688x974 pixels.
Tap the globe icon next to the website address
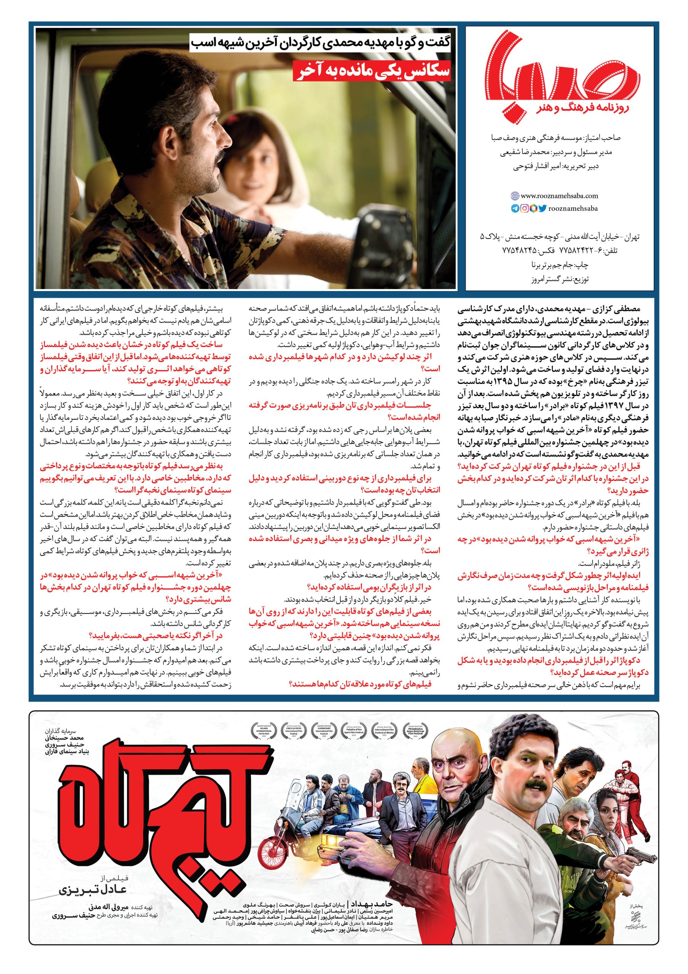514,196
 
